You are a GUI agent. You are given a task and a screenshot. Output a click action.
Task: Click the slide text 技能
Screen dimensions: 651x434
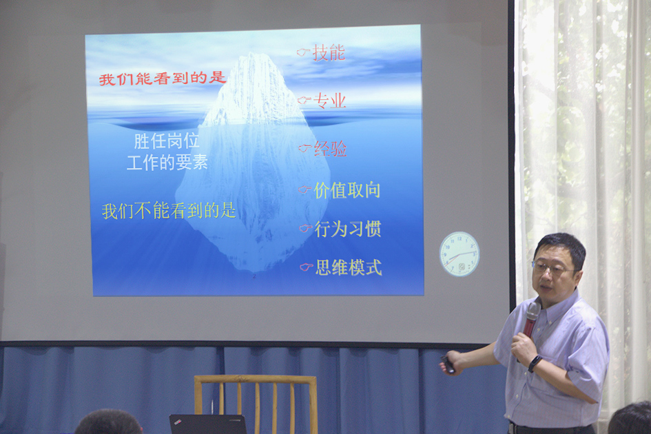click(329, 52)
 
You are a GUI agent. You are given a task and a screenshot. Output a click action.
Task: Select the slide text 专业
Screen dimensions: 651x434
click(330, 101)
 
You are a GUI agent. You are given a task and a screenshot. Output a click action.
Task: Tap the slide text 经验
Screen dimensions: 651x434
click(331, 149)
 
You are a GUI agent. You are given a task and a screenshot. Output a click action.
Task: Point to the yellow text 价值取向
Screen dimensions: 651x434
click(347, 190)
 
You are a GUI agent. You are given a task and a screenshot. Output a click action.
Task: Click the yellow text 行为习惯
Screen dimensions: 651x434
click(348, 229)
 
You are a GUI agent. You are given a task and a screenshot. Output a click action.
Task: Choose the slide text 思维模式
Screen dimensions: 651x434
click(349, 267)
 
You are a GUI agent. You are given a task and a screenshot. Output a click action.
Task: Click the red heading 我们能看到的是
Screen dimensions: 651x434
click(163, 78)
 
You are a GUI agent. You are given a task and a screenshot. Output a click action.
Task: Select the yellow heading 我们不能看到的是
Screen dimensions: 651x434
click(169, 211)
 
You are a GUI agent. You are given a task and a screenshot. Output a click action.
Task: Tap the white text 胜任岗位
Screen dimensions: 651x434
click(167, 141)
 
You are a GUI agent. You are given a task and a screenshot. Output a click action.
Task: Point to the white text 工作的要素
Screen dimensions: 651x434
click(167, 162)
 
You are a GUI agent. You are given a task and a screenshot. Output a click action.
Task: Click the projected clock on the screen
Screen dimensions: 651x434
click(459, 254)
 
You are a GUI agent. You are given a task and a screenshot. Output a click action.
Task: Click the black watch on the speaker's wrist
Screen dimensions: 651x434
click(535, 363)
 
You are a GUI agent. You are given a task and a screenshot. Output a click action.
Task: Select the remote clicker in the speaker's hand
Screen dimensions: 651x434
click(448, 364)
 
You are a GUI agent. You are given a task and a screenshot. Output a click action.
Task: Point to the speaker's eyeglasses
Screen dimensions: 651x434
click(552, 268)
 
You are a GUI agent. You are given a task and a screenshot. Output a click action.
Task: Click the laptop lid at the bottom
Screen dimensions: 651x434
click(207, 424)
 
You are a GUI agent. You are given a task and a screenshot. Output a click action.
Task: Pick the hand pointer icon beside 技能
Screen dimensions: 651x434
click(304, 52)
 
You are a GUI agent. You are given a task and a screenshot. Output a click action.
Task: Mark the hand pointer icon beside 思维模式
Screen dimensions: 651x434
click(307, 267)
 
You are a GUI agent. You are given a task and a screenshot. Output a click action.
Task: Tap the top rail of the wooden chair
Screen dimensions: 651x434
click(256, 380)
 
